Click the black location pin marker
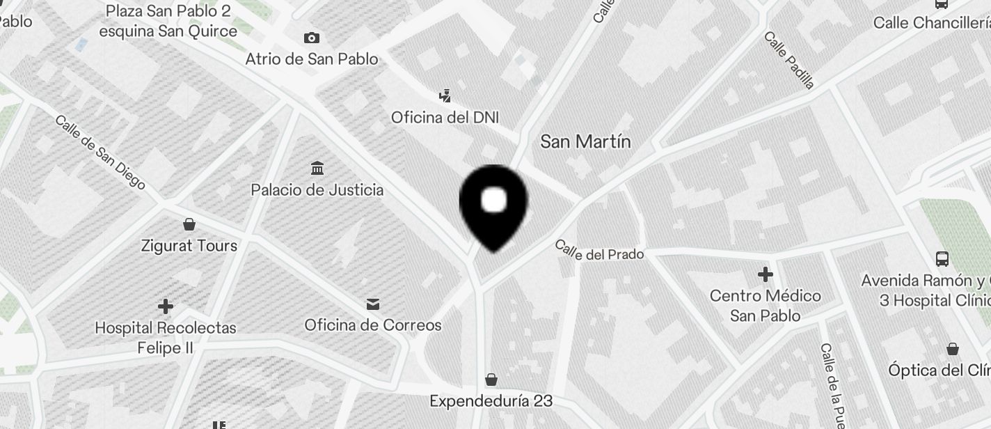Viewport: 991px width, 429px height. (x=493, y=205)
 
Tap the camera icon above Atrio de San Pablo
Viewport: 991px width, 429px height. (x=312, y=38)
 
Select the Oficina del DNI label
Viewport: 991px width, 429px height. (x=445, y=117)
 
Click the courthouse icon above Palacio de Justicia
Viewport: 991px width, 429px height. (x=317, y=168)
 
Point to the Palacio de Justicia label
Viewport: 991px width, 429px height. (x=317, y=189)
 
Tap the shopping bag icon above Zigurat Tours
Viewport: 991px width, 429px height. (x=189, y=224)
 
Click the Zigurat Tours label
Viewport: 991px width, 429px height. (x=189, y=246)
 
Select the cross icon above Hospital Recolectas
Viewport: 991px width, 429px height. (x=166, y=306)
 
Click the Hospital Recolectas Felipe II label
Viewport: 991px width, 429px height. (x=166, y=337)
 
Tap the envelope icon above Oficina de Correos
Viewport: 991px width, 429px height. (x=373, y=304)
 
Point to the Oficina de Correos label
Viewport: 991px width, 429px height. (x=373, y=325)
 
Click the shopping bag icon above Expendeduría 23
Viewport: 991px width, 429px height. (x=491, y=380)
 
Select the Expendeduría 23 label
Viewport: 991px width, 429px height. (x=491, y=401)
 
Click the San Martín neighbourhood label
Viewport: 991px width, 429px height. (x=585, y=142)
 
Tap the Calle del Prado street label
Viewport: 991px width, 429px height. (x=599, y=251)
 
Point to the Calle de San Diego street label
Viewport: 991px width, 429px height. (x=100, y=153)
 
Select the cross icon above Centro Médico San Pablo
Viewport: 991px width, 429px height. (x=765, y=274)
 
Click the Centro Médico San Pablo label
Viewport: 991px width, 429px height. (x=765, y=306)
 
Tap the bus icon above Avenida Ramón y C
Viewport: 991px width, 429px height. (x=942, y=259)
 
